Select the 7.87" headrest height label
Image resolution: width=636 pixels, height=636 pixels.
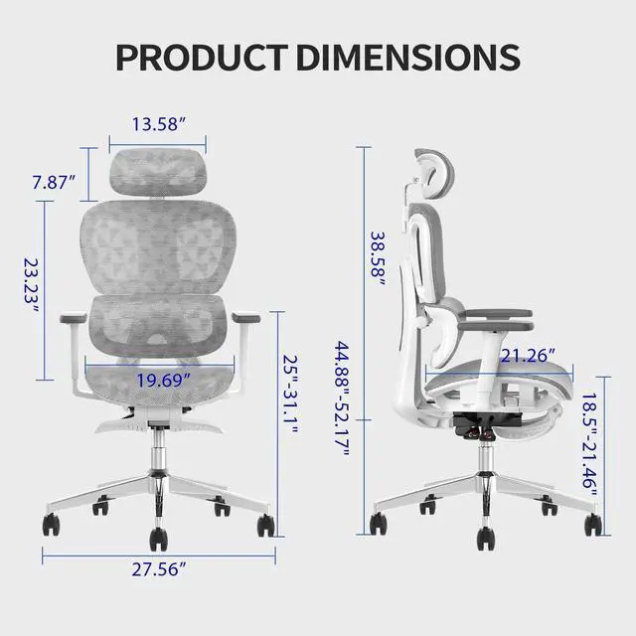[52, 182]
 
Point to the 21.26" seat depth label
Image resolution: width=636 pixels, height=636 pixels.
[528, 354]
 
